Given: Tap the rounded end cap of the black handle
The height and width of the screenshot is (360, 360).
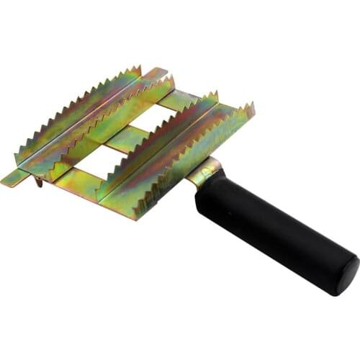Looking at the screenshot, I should (348, 276).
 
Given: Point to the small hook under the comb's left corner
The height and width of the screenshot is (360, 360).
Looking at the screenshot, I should (38, 181).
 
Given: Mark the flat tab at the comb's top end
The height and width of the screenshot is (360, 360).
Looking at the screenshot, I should (156, 73).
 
